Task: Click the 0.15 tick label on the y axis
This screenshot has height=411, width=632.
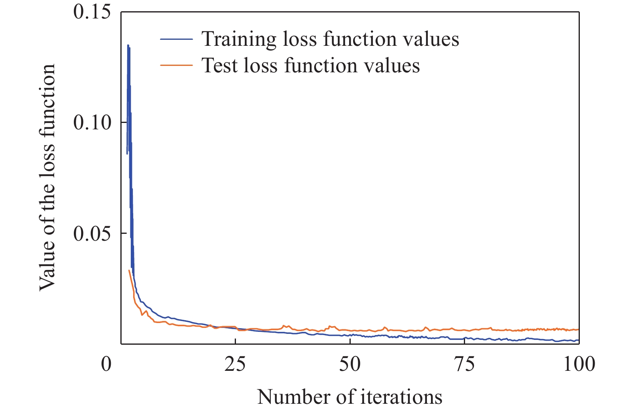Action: tap(92, 12)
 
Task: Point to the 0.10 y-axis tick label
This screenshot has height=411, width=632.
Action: tap(92, 122)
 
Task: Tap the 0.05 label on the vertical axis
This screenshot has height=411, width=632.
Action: tap(92, 233)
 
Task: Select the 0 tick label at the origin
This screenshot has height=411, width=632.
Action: tap(106, 364)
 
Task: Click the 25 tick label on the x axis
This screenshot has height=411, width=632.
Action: tap(235, 364)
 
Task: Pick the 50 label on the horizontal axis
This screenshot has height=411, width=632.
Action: tap(350, 364)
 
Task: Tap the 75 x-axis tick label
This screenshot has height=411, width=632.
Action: tap(464, 364)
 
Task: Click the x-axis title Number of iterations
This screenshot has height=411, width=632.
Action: tap(350, 397)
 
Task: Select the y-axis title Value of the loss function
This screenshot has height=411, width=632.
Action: tap(47, 177)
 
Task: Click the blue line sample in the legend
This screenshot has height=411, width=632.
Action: tap(176, 39)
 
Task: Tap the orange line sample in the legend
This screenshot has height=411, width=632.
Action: tap(176, 65)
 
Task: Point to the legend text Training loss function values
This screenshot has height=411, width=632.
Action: tap(330, 39)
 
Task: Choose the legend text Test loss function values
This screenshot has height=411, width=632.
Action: tap(311, 65)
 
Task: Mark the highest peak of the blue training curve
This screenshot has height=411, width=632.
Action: tap(128, 45)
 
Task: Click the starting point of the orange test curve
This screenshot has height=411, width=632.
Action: tap(129, 270)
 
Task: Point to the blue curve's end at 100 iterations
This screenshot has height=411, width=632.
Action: tap(578, 340)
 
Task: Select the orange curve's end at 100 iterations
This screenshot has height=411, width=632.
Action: tap(578, 329)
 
